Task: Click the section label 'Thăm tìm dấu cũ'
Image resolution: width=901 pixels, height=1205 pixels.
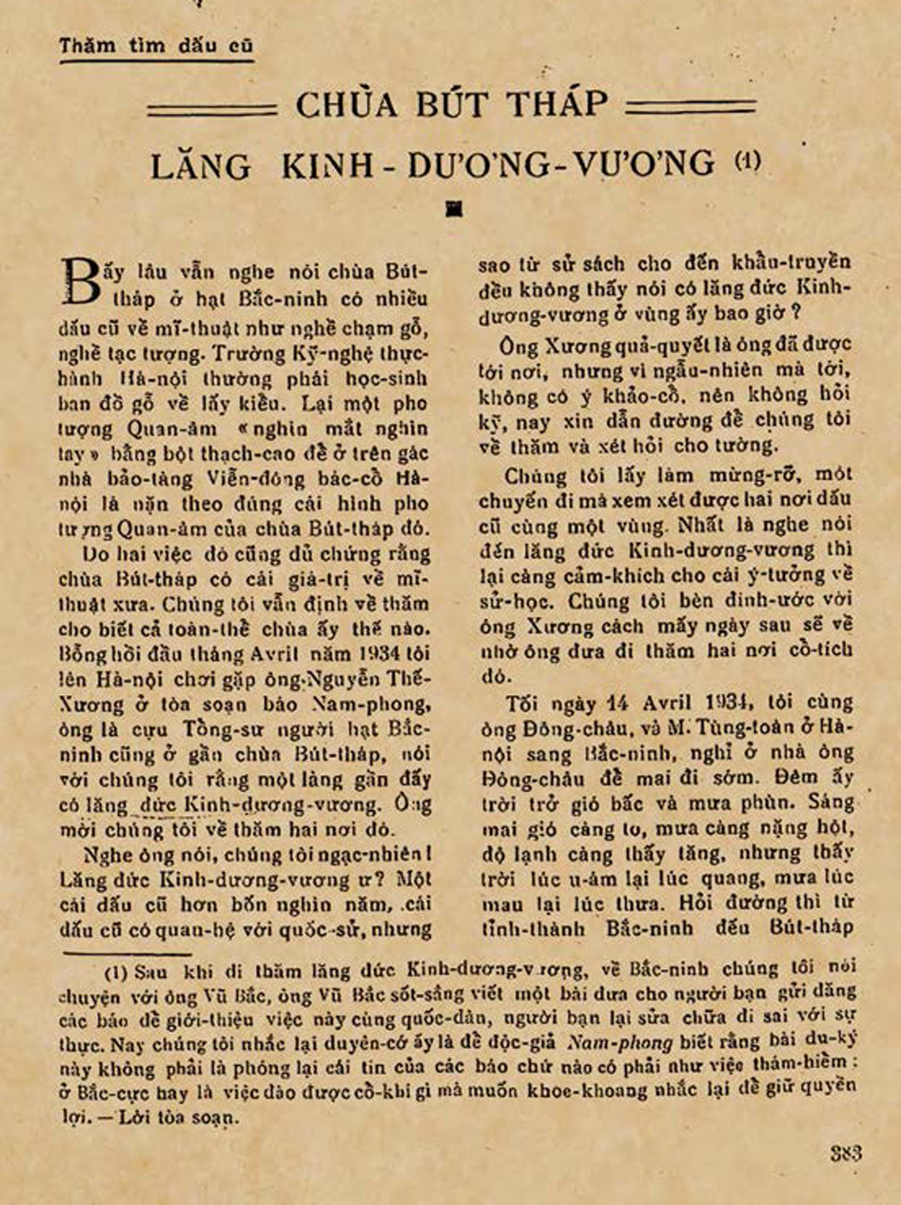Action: point(157,45)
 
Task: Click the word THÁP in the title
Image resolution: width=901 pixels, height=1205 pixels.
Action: point(557,104)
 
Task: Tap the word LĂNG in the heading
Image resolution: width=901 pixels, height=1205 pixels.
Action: point(200,166)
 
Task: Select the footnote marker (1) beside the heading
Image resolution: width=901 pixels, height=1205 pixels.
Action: point(747,161)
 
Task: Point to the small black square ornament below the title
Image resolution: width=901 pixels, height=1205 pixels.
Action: point(455,209)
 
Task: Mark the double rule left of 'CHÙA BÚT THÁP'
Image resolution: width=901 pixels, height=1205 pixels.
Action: point(212,108)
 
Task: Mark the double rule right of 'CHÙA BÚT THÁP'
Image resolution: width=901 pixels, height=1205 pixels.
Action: point(691,106)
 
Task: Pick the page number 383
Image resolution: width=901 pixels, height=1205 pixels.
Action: point(845,1153)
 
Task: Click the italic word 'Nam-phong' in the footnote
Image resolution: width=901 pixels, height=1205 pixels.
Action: point(620,1044)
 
